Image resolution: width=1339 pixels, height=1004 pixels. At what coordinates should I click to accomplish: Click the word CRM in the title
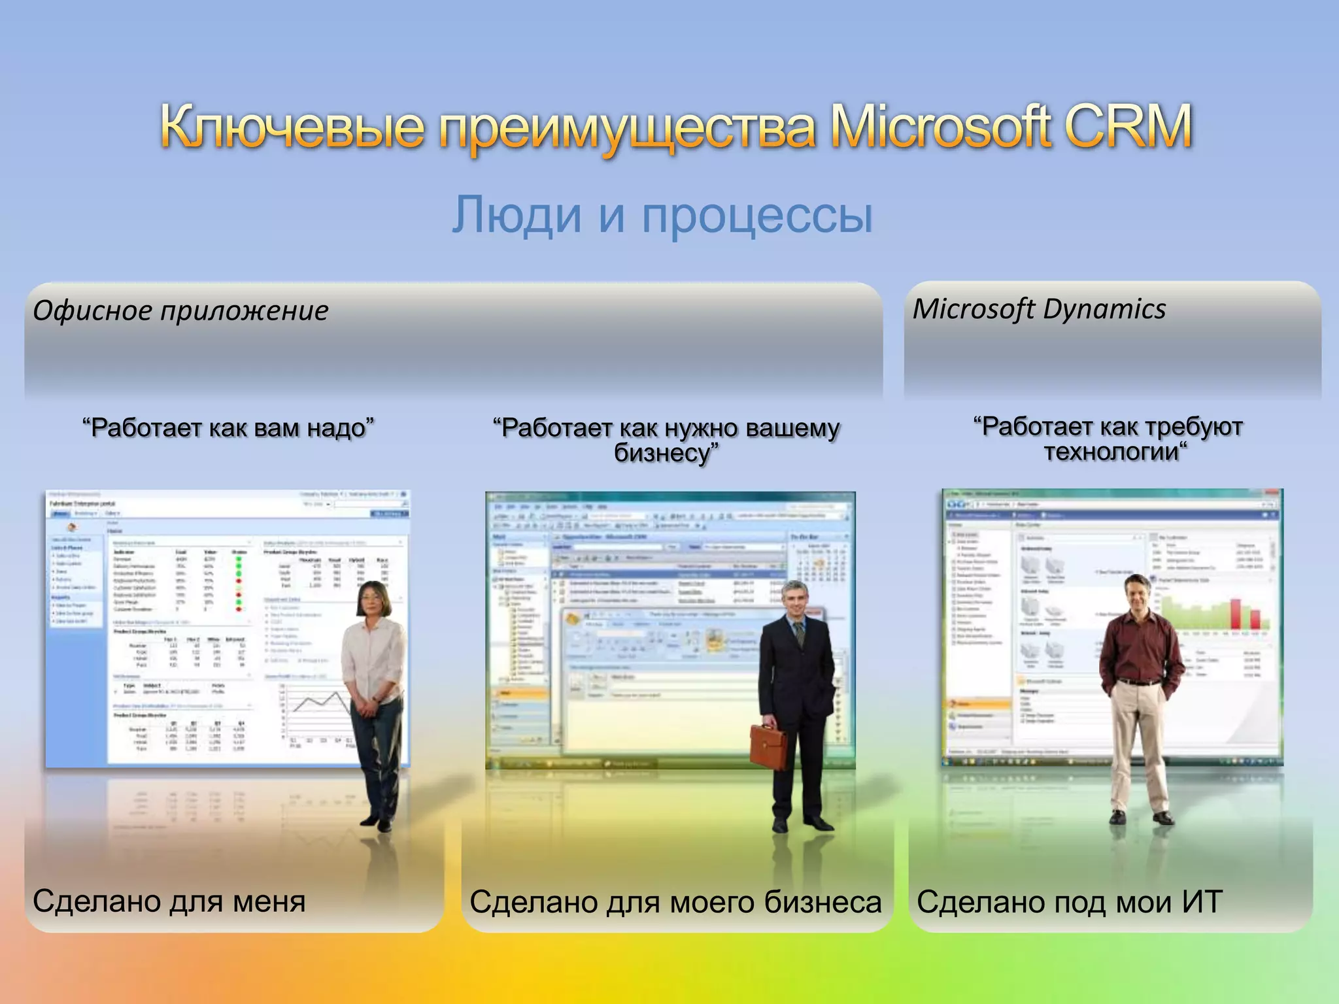pyautogui.click(x=1128, y=126)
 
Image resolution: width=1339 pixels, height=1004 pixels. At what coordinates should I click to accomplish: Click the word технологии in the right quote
pyautogui.click(x=1114, y=452)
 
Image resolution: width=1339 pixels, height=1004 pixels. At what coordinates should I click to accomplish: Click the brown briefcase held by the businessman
pyautogui.click(x=768, y=745)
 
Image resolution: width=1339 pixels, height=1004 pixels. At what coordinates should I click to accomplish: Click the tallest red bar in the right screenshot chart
pyautogui.click(x=1236, y=613)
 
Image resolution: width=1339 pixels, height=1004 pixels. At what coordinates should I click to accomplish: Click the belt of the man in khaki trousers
pyautogui.click(x=1141, y=682)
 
